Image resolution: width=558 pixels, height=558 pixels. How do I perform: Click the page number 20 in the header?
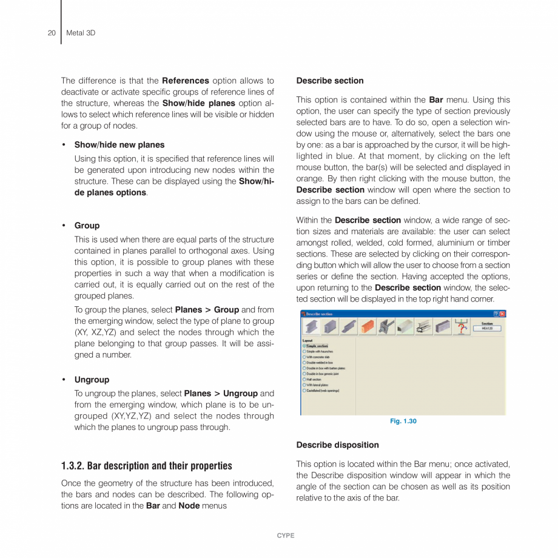click(52, 33)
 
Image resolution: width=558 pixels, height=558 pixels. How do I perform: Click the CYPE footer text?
click(285, 536)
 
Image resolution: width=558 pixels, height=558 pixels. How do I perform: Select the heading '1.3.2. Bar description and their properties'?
click(146, 466)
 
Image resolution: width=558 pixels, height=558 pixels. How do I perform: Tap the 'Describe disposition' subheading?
click(337, 445)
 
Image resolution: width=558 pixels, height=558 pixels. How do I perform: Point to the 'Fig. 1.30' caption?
click(403, 421)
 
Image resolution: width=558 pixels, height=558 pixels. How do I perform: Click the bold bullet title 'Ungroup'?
click(92, 380)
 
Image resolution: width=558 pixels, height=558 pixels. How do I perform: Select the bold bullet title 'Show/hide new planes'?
click(119, 145)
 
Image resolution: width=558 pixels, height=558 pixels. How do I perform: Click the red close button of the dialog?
click(502, 314)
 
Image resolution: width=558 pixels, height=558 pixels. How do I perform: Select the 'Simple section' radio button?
click(304, 346)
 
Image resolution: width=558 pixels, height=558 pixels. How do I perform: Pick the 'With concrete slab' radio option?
click(304, 357)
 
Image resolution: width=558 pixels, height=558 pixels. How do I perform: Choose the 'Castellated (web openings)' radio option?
click(304, 391)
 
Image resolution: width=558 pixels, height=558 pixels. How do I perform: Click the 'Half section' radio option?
click(304, 379)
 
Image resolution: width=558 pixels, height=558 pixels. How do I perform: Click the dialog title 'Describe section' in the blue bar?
click(319, 314)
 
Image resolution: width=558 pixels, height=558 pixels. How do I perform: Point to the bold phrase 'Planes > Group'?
click(206, 309)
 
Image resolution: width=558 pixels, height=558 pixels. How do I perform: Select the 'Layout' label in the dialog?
click(308, 340)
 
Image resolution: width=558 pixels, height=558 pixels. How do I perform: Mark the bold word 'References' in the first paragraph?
click(185, 81)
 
